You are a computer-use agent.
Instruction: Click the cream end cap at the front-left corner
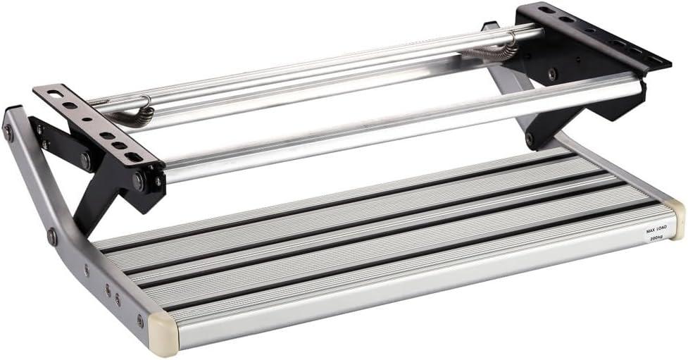(163, 330)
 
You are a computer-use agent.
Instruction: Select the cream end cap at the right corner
(676, 218)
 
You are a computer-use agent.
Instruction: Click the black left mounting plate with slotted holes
(99, 124)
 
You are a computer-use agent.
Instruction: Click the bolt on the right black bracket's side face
(552, 73)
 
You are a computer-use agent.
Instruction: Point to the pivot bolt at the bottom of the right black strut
(530, 139)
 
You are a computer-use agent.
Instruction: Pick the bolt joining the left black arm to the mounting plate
(85, 161)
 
